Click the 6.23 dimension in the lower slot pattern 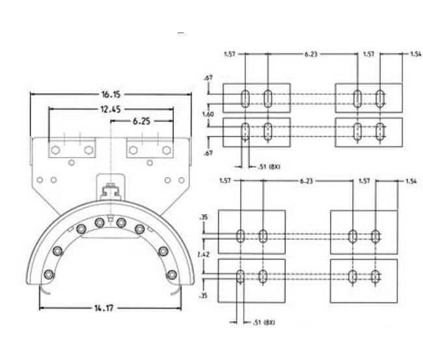tap(307, 180)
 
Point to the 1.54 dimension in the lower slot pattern tap(411, 180)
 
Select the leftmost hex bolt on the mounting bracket tap(55, 150)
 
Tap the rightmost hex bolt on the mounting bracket tap(168, 150)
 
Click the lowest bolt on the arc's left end tap(48, 274)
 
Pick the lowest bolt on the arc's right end tap(172, 275)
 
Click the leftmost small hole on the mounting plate tap(40, 180)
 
